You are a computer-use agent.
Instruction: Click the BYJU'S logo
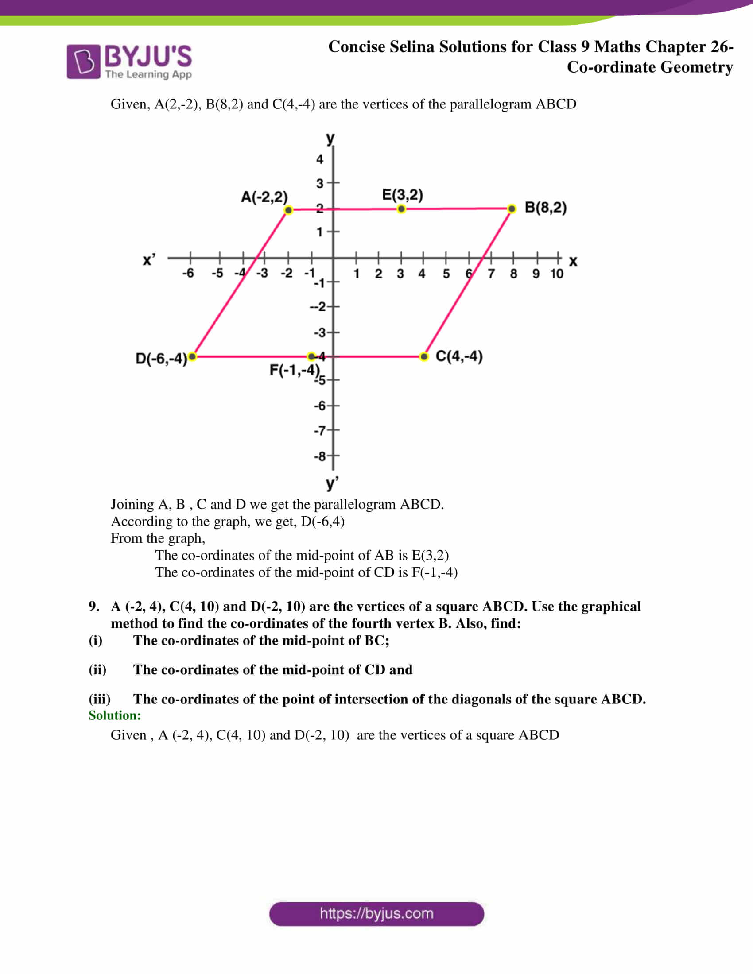129,62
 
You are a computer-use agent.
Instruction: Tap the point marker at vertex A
289,210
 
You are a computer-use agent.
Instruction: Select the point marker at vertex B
512,209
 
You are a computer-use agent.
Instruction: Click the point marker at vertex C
424,356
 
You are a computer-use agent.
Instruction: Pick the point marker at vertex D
192,356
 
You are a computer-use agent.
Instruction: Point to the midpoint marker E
401,209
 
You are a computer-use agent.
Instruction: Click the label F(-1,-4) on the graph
295,370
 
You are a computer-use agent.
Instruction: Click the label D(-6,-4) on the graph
161,359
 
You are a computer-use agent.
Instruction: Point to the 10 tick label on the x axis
556,274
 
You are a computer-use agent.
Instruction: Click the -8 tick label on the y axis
320,457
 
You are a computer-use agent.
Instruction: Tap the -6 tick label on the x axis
188,273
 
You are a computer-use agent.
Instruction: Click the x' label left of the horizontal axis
149,259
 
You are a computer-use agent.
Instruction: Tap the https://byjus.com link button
376,914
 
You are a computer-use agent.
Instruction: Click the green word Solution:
115,715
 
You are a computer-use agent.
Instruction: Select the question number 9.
93,606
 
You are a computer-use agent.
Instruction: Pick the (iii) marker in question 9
100,699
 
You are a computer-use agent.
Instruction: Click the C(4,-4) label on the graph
459,356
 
